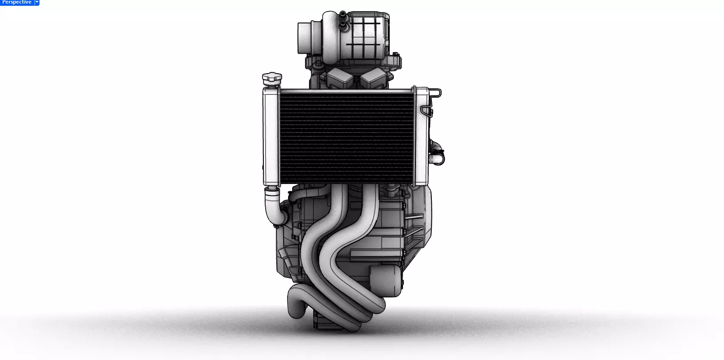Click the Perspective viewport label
17,2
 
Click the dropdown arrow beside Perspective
37,2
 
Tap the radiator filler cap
271,79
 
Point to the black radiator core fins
346,137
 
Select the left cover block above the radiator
340,79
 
